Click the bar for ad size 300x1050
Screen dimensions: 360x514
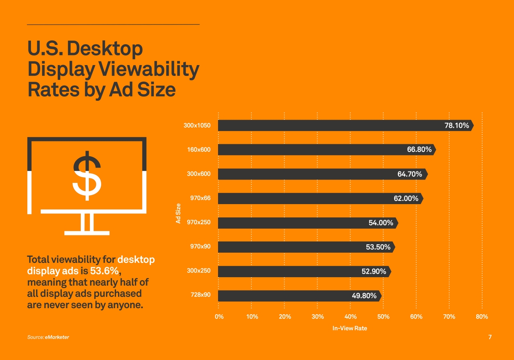pos(329,125)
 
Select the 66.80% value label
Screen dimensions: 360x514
pos(419,150)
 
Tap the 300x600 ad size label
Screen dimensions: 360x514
pos(198,174)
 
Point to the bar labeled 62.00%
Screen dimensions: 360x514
pos(305,198)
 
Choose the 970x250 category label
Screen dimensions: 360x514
pos(198,222)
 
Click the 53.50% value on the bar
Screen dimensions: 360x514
pos(378,247)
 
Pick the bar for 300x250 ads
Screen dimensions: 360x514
pos(289,272)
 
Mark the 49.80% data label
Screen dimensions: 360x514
pos(364,296)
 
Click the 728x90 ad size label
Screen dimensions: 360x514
pos(200,295)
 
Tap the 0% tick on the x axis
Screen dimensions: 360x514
pos(219,317)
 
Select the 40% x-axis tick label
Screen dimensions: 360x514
pos(351,317)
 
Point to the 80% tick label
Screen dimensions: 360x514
pos(482,317)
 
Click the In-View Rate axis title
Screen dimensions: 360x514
pos(350,328)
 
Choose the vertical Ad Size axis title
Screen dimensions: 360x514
pos(178,214)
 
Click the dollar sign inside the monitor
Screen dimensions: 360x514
pos(87,176)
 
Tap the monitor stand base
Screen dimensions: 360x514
pos(87,233)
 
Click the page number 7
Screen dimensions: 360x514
pos(490,337)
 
